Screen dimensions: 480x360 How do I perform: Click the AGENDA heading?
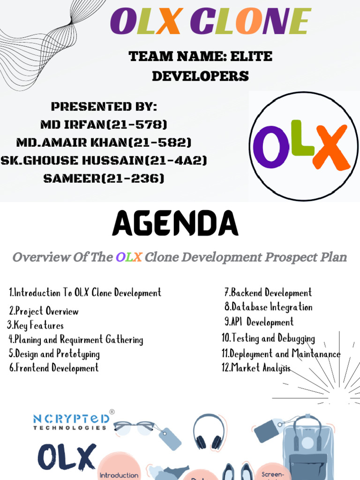tap(175, 224)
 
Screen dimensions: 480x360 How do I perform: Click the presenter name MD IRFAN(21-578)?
tap(104, 125)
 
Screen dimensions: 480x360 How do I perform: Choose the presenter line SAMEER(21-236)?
tap(104, 178)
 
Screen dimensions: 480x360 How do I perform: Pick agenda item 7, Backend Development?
tap(268, 293)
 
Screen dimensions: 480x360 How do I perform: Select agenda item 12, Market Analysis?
tap(256, 368)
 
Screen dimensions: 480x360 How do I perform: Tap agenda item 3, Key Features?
tap(35, 325)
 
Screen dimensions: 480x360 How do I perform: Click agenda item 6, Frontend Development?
tap(54, 368)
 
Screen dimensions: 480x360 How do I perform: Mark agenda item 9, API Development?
tap(259, 322)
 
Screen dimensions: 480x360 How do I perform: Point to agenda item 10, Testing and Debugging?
tap(268, 338)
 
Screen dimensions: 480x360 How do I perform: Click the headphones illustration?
tap(209, 431)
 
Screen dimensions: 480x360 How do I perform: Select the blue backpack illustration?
tap(308, 448)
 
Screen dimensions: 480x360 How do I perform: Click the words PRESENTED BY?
tap(104, 106)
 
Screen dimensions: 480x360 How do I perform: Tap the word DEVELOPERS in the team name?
tap(200, 76)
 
